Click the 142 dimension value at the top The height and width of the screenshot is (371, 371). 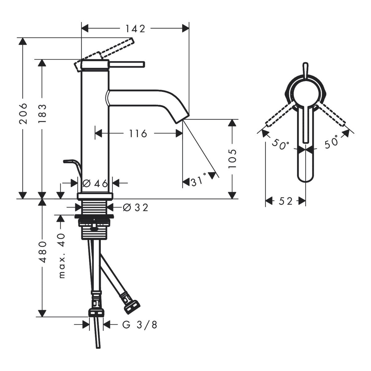pos(135,29)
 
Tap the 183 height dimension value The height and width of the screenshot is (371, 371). pos(42,114)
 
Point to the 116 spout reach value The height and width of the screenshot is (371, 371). pos(138,134)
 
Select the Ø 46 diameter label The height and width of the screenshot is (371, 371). pos(95,184)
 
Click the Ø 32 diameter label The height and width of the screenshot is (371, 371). pos(135,207)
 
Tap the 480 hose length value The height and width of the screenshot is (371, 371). pos(42,252)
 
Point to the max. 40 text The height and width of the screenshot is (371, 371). pos(62,255)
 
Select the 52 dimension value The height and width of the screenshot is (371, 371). pos(285,201)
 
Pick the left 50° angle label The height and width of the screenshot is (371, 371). pos(281,144)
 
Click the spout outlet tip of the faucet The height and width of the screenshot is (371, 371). pos(182,118)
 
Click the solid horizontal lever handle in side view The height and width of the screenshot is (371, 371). pos(127,64)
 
